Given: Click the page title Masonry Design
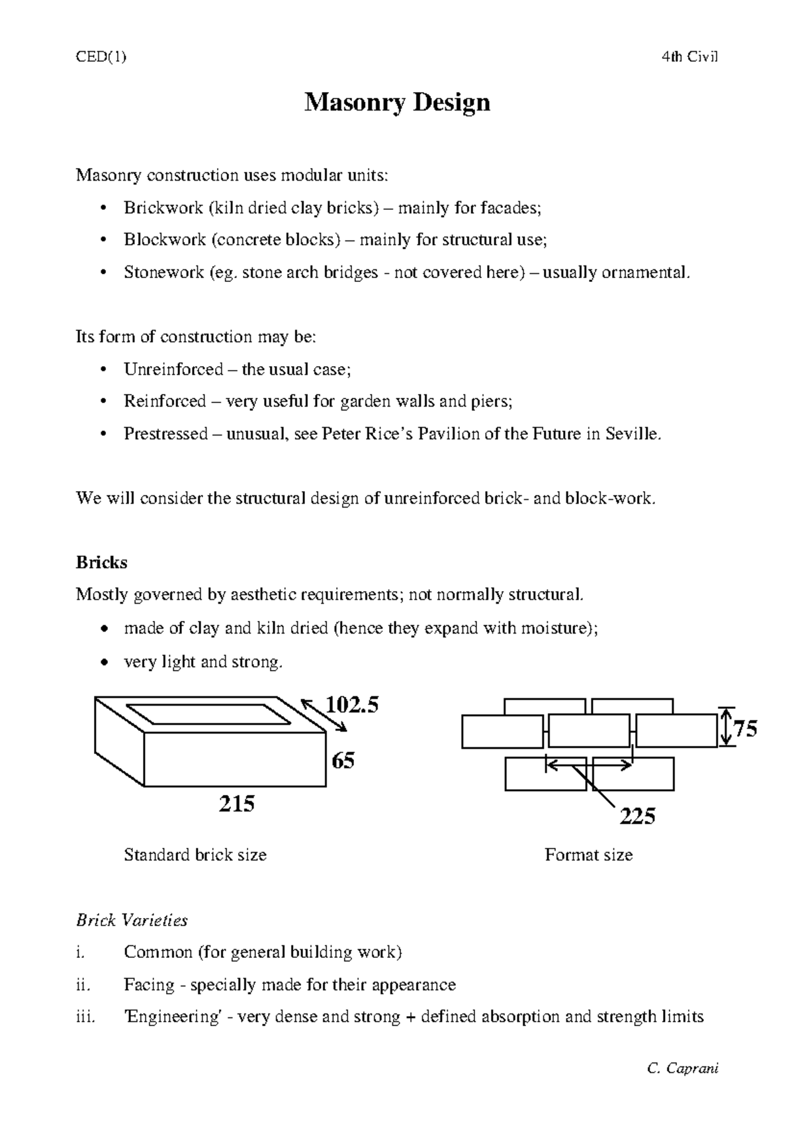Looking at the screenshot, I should (397, 103).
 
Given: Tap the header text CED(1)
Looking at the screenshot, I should (101, 57).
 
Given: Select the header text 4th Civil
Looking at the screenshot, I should (689, 57).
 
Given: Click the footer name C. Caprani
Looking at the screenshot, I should (684, 1068).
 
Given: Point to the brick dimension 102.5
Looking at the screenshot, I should (353, 706).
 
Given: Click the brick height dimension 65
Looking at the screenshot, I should (343, 761).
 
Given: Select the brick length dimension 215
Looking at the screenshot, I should (237, 804).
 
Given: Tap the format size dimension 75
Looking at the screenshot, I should (746, 729).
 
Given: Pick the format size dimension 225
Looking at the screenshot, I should (637, 816).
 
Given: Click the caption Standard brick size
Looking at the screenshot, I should (195, 855).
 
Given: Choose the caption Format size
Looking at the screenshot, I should (588, 855).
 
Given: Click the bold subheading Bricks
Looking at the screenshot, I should (101, 563).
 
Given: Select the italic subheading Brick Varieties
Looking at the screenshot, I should (132, 920).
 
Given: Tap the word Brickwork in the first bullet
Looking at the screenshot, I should (163, 208).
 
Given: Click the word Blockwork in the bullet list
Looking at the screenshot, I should (165, 240).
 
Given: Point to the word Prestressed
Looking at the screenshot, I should (165, 434).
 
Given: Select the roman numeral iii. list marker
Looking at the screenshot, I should (86, 1017).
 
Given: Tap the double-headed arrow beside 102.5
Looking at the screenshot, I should (324, 716).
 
